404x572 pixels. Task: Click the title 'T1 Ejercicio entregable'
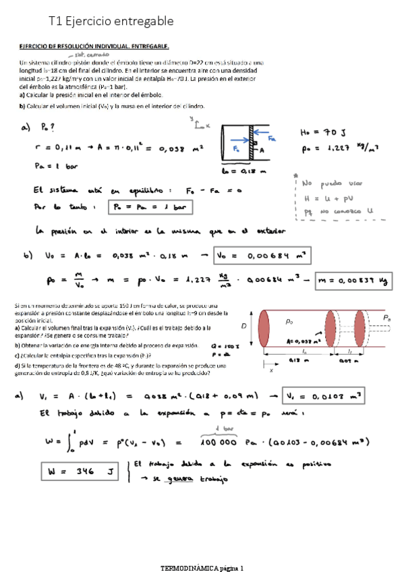[112, 22]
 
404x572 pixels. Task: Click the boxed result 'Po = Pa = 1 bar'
[151, 206]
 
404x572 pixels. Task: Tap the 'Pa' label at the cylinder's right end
[386, 317]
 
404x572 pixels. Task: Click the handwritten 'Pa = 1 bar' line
[57, 165]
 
